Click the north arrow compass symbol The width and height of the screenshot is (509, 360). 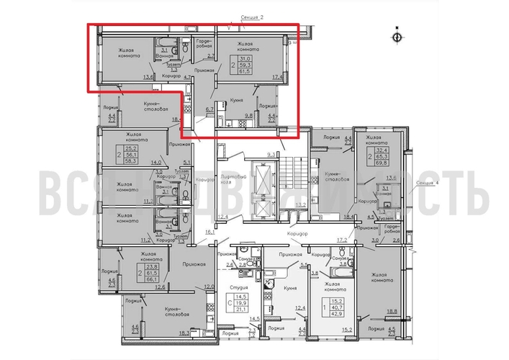(x=395, y=35)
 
